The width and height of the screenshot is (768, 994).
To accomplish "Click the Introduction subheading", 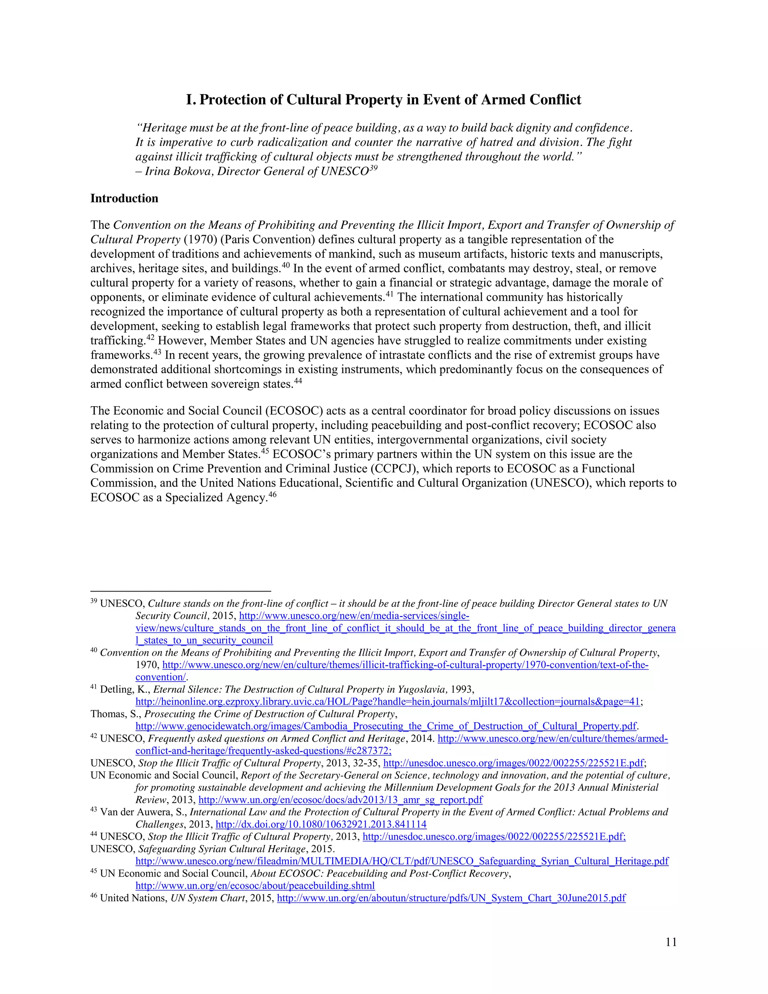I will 124,198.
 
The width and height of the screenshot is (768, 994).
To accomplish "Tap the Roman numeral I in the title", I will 190,100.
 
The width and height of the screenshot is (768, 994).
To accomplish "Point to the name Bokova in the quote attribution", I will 192,171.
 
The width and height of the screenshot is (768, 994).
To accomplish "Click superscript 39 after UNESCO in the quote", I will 373,168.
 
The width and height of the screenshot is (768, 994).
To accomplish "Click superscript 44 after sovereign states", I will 297,380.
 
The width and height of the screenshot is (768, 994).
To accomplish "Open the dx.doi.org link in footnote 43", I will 321,824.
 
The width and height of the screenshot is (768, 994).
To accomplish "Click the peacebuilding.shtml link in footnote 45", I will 255,886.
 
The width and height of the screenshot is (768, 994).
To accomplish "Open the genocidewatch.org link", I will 386,726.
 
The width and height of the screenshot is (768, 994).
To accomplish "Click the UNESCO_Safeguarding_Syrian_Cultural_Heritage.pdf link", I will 402,861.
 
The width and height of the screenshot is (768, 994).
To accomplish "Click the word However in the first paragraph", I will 181,341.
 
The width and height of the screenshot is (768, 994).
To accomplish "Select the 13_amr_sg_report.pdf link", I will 340,800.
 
